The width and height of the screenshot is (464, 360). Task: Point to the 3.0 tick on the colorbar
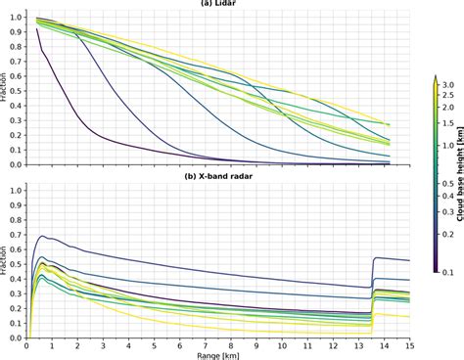(x=445, y=87)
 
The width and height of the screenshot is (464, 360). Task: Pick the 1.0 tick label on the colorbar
(x=445, y=148)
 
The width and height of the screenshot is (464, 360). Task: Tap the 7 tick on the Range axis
(x=206, y=346)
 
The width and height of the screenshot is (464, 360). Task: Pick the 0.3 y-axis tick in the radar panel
(x=13, y=293)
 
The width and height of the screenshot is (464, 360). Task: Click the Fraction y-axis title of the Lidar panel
(x=4, y=90)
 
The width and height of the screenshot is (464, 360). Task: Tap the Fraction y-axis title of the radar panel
(x=4, y=264)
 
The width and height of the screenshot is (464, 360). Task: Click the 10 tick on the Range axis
(x=282, y=346)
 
